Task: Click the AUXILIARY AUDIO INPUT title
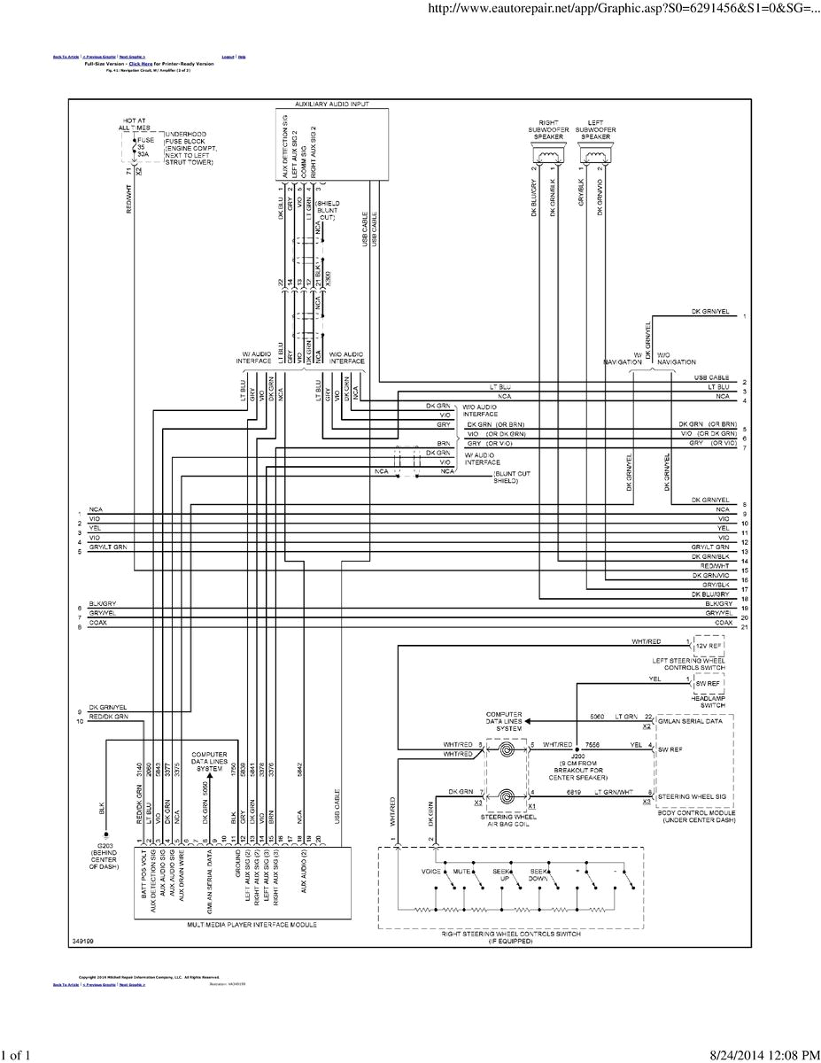(331, 104)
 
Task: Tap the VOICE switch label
(431, 872)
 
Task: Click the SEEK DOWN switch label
(539, 875)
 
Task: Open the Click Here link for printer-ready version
(141, 65)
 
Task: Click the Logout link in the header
(228, 57)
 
